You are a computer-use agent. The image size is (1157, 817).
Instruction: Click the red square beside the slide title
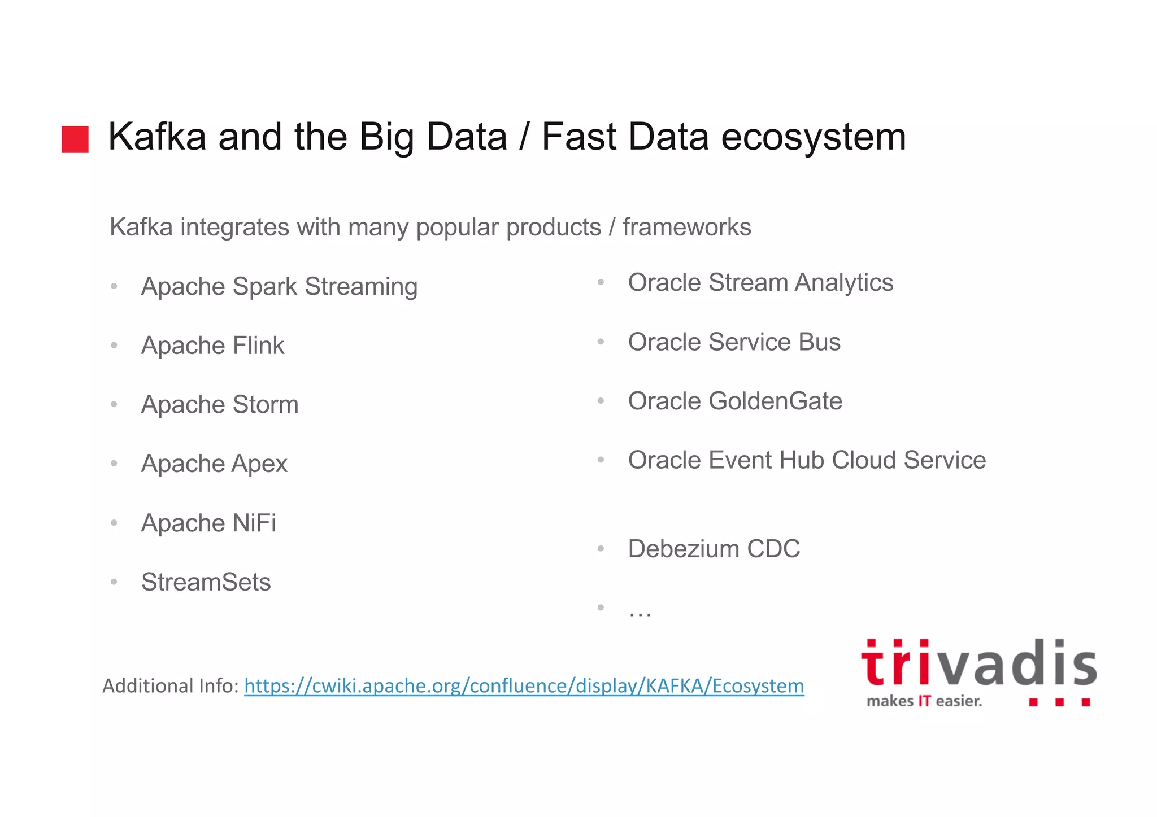tap(75, 139)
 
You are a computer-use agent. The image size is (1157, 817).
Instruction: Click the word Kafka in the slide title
tap(156, 137)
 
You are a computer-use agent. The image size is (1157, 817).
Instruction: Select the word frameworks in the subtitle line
tap(686, 227)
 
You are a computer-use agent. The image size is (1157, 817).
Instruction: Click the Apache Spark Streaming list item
tap(279, 286)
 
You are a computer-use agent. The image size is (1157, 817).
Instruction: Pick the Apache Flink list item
tap(212, 346)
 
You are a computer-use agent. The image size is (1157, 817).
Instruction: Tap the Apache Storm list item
tap(220, 405)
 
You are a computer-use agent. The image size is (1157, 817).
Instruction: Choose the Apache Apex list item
tap(214, 464)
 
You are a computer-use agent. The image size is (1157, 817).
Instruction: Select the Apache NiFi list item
tap(208, 523)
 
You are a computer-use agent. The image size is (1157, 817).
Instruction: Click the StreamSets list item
tap(206, 582)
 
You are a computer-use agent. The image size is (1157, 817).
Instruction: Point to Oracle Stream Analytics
tap(760, 282)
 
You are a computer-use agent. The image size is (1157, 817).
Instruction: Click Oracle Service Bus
tap(734, 342)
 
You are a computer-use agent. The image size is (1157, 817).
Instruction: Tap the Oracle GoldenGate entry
tap(735, 401)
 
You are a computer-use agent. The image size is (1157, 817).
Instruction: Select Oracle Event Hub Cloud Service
tap(807, 460)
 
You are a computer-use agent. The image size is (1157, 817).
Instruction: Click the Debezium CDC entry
tap(714, 549)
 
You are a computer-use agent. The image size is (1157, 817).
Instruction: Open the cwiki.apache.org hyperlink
tap(524, 686)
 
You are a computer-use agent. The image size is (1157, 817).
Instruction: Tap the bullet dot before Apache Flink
tap(114, 346)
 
